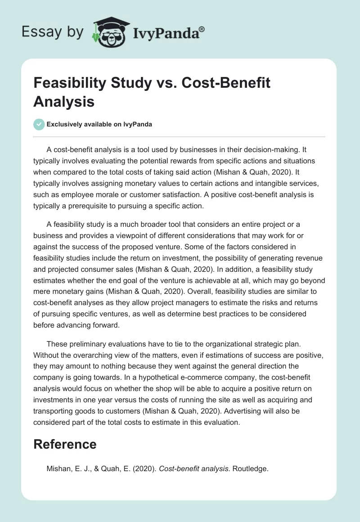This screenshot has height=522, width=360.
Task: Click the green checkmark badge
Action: point(39,124)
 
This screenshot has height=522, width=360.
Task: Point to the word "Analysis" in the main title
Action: point(64,101)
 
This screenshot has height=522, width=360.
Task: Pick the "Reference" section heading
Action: point(65,444)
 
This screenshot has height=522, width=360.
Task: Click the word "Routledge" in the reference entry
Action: point(250,468)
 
